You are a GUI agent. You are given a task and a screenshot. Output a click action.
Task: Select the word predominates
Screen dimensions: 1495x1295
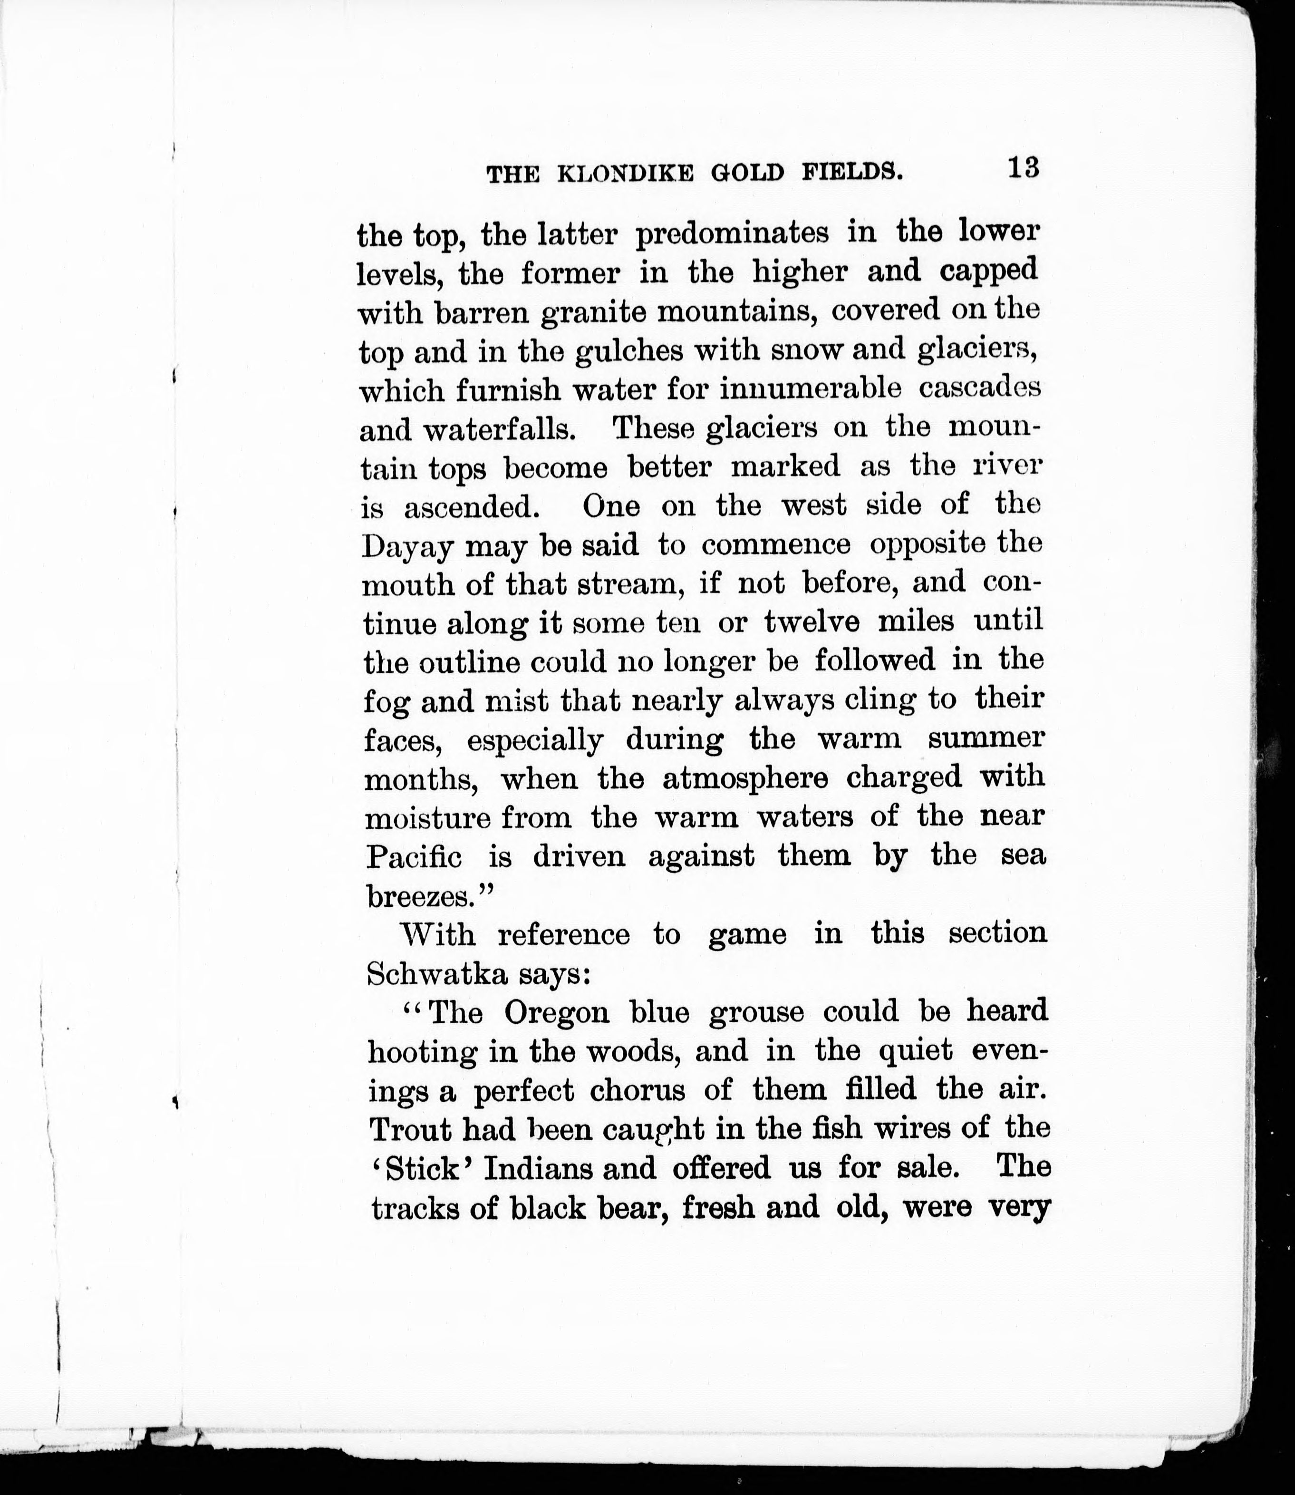tap(745, 234)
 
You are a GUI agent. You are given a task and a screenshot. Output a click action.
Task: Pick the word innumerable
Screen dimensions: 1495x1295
tap(811, 390)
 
